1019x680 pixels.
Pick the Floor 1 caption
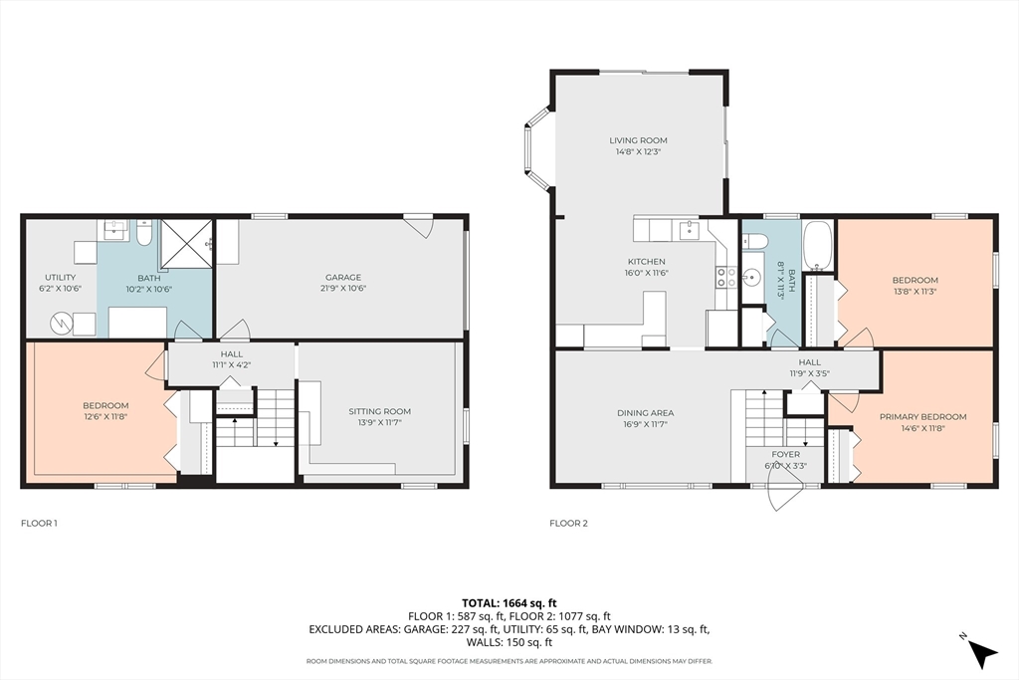coord(39,523)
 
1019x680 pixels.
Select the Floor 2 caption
coord(568,523)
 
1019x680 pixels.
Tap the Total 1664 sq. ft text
coord(509,603)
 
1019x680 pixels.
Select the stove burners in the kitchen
coord(725,277)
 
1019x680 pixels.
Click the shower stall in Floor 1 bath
coord(186,245)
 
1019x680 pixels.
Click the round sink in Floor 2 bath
coord(752,278)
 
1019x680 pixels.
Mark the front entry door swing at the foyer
coord(785,489)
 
